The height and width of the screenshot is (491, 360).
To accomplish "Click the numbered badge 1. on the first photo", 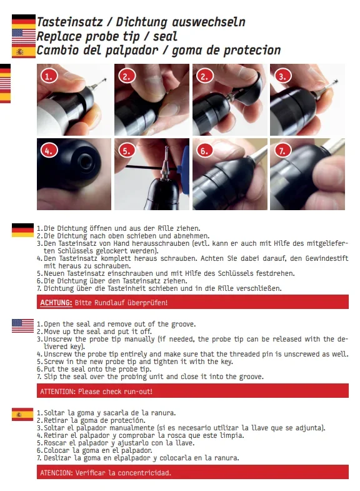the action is [49, 76].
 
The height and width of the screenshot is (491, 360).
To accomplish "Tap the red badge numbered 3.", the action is [282, 76].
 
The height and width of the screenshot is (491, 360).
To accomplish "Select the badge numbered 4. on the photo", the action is [49, 151].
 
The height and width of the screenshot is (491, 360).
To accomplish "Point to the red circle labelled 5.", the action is [127, 151].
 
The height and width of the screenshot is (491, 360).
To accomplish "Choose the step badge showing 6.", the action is [204, 151].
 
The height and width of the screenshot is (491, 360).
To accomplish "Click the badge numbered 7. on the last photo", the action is [282, 151].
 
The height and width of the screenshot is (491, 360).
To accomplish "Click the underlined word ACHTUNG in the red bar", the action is [56, 303].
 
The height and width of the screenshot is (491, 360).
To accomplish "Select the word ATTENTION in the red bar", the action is [57, 392].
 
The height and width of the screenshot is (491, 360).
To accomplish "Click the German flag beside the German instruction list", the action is [23, 230].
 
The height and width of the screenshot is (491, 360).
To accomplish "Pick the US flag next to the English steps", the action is [23, 326].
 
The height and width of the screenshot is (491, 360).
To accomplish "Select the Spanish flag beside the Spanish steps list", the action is [22, 414].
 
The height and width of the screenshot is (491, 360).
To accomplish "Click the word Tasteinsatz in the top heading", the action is [70, 22].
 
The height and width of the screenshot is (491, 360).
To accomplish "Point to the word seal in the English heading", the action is [165, 36].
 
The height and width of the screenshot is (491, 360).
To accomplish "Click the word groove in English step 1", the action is [183, 324].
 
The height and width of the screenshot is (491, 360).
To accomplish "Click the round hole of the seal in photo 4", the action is [85, 161].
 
